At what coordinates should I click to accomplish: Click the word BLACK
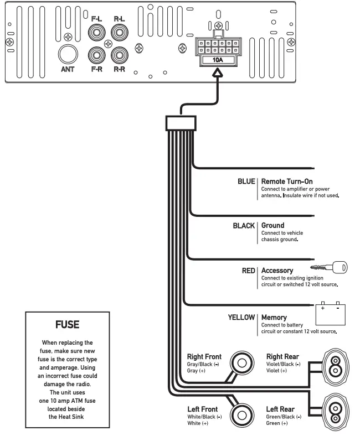(243, 226)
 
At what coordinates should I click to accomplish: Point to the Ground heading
(272, 226)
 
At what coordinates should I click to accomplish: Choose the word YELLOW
(241, 318)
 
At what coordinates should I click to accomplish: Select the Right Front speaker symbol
(241, 364)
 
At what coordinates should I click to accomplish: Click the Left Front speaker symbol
(241, 413)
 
